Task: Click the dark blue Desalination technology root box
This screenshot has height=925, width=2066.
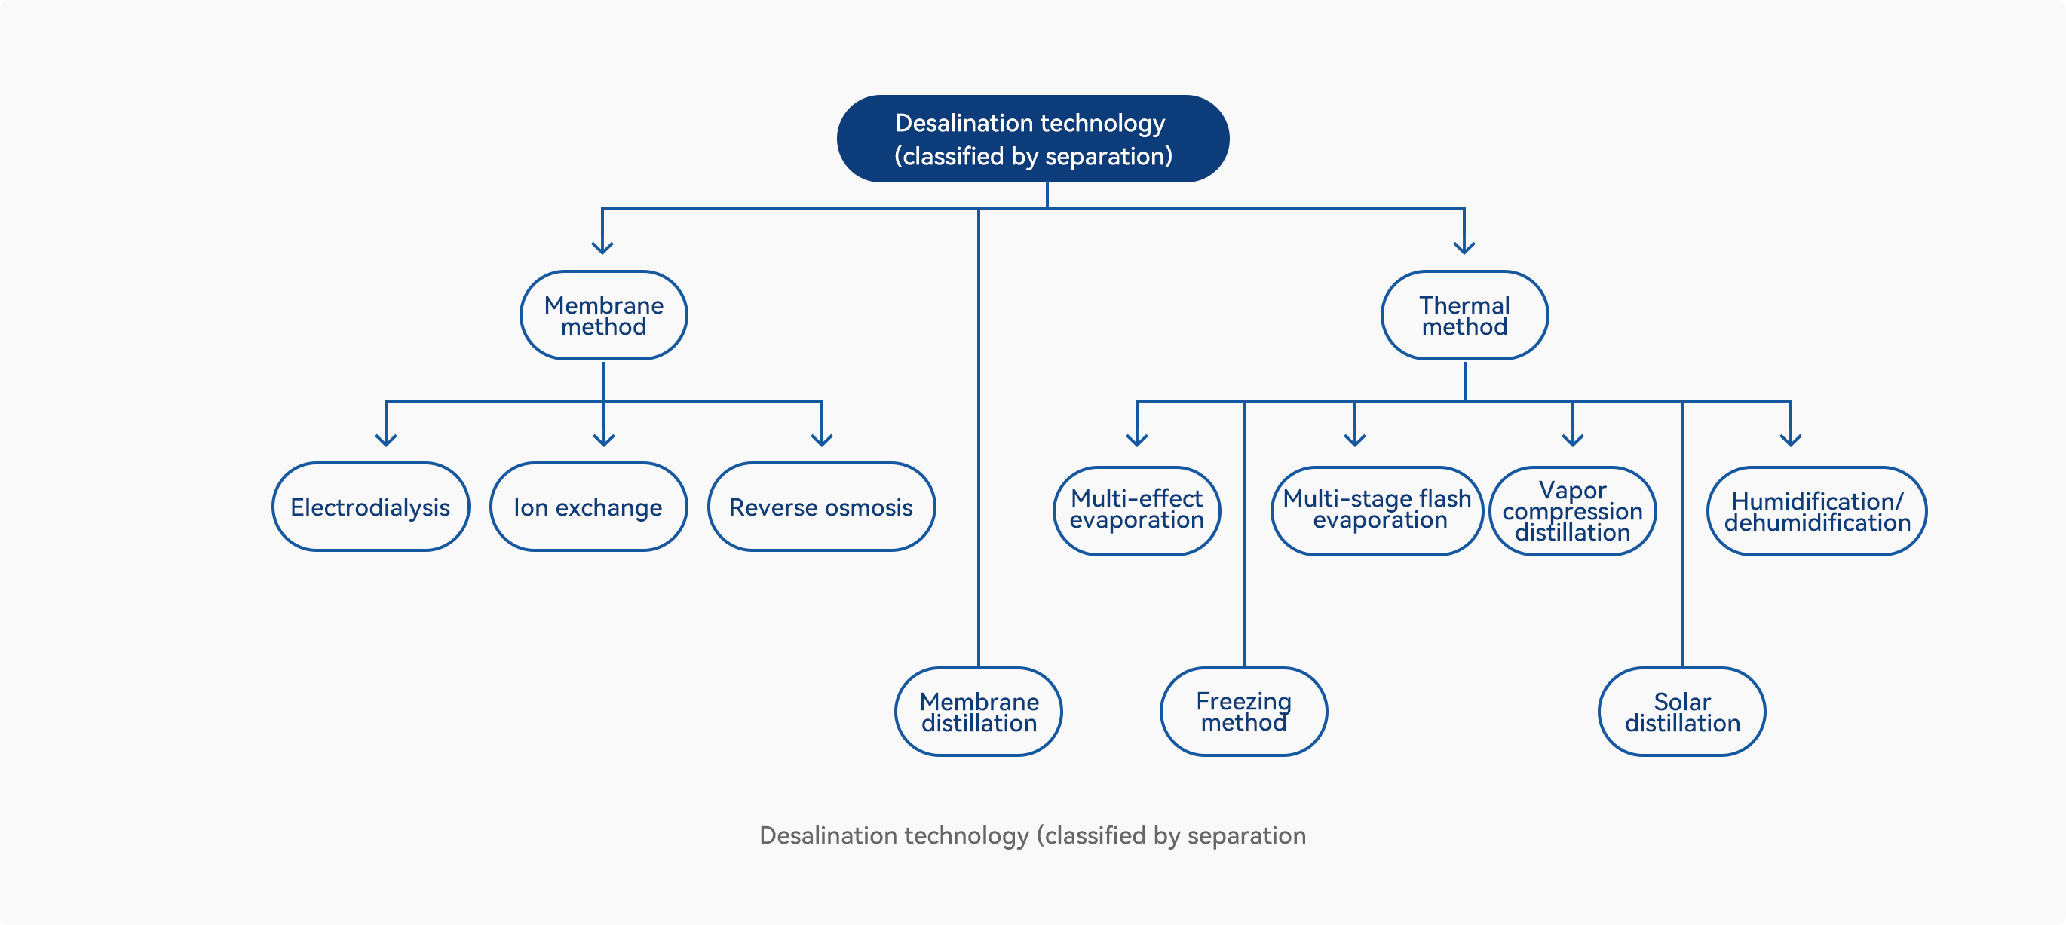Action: (1033, 139)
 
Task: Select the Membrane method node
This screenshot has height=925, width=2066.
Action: (604, 315)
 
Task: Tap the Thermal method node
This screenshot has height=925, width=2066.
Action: (1464, 315)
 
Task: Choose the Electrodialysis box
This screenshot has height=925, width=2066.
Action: (370, 507)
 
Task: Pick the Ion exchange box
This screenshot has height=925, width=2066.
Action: (589, 507)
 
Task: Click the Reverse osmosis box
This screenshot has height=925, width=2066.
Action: (821, 507)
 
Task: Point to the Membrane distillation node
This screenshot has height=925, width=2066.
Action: (979, 712)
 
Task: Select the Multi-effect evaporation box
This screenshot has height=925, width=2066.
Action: (1136, 510)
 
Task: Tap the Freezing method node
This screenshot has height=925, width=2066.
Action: (1244, 712)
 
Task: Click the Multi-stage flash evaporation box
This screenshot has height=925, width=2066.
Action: (1377, 510)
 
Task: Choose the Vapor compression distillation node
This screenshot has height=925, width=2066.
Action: (1573, 510)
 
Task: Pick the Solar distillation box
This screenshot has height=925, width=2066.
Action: (1682, 712)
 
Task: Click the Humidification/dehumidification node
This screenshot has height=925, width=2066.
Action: (1816, 510)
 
